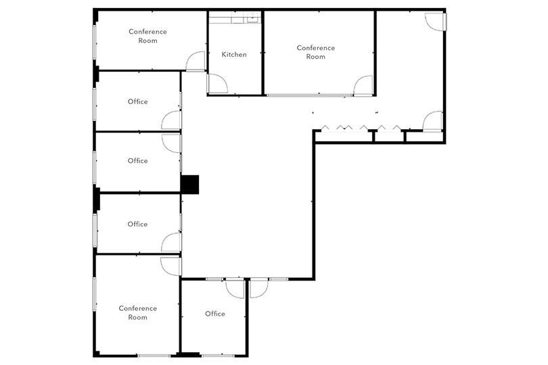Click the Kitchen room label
[234, 55]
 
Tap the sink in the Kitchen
[252, 18]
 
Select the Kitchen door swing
[217, 84]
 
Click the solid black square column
[190, 185]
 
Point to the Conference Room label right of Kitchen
[315, 52]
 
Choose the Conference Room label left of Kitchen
[148, 36]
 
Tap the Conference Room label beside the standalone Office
[138, 312]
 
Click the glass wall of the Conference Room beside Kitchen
[309, 95]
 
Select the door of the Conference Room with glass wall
[363, 85]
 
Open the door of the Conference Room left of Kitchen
[196, 61]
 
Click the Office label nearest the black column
[138, 161]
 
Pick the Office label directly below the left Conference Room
[138, 101]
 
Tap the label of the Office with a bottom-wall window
[215, 314]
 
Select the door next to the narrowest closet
[433, 121]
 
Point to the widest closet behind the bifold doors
[344, 137]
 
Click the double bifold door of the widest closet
[344, 128]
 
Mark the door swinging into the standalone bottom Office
[235, 289]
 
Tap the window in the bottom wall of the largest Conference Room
[154, 356]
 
